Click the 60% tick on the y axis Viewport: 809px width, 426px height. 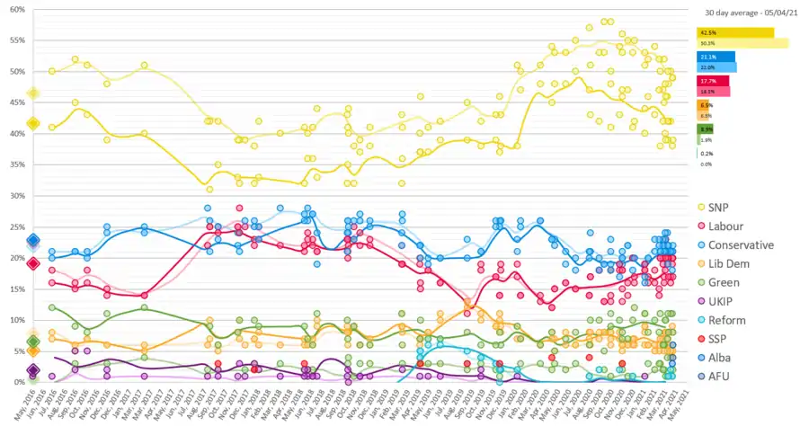17,10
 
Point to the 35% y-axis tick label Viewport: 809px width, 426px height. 17,164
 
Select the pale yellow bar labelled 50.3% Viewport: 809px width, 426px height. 742,43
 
